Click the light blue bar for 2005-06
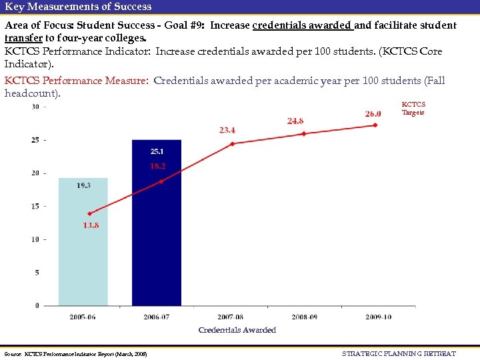83,253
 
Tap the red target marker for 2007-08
233,143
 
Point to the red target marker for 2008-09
304,134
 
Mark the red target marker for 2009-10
375,125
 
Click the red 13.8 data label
91,225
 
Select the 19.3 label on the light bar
83,185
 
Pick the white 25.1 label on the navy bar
157,152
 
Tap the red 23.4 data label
227,130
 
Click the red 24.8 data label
295,121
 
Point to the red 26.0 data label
373,113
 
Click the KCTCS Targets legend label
413,109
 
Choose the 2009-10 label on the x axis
378,317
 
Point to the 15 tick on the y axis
35,206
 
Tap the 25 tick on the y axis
35,140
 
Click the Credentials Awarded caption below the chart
237,330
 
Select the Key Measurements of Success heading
78,7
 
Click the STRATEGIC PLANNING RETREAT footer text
399,353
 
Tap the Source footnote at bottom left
75,353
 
